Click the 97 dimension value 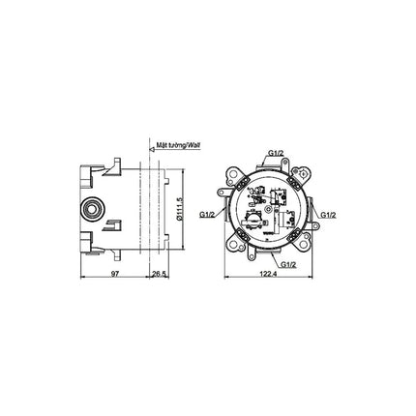point(115,274)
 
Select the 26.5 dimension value point(159,274)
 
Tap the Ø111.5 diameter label point(180,209)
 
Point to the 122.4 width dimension point(268,274)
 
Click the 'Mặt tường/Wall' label point(178,145)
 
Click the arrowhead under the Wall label point(153,149)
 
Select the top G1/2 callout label point(276,153)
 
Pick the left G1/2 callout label point(207,214)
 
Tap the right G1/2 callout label point(328,215)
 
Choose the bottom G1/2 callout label point(288,264)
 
